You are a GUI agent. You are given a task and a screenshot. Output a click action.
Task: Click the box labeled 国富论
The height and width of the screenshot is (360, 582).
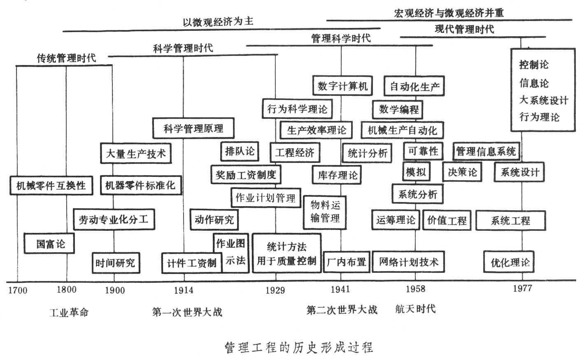(x=50, y=244)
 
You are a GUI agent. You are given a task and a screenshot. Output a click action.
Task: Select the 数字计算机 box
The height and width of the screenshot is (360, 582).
(x=342, y=86)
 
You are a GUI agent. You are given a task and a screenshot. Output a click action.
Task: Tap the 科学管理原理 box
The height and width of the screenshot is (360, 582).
(x=193, y=128)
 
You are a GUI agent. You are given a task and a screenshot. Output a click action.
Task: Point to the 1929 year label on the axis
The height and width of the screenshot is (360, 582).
(x=275, y=290)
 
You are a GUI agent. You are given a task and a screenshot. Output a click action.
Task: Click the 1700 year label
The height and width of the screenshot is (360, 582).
(x=18, y=290)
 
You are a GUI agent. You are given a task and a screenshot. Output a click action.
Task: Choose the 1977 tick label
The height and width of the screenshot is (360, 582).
(x=522, y=288)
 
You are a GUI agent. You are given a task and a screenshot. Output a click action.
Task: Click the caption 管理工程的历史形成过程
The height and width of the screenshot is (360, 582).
(x=299, y=347)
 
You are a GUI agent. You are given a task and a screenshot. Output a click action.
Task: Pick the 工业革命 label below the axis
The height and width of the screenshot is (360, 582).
(x=69, y=312)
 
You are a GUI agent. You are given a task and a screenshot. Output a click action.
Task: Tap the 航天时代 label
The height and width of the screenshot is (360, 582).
(x=415, y=309)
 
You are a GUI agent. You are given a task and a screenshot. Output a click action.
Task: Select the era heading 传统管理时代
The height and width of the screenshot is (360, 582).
(x=66, y=58)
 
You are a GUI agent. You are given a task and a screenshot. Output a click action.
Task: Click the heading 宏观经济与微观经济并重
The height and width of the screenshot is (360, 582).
(x=448, y=13)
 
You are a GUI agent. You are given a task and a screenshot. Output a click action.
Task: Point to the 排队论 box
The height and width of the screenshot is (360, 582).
(x=240, y=151)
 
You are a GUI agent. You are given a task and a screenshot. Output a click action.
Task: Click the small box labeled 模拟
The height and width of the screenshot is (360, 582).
(x=416, y=172)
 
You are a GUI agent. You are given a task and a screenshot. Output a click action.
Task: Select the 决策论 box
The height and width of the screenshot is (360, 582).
(x=462, y=172)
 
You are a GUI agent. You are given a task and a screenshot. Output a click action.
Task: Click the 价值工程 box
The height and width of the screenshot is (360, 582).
(x=447, y=220)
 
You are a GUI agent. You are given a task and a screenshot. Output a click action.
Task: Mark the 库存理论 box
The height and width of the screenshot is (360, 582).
(x=338, y=175)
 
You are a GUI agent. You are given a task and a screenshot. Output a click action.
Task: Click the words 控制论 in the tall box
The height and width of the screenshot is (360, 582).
(x=534, y=65)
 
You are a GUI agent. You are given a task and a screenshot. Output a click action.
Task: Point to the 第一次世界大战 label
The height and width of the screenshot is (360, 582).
(x=187, y=312)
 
